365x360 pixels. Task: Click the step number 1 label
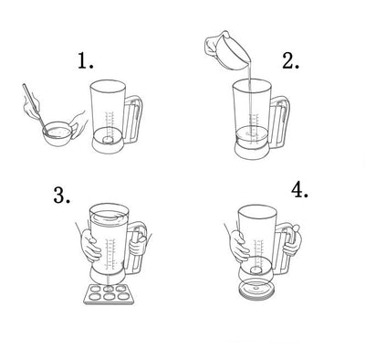[x=86, y=60]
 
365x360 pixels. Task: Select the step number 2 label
[x=291, y=60]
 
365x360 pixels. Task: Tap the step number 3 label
[x=62, y=195]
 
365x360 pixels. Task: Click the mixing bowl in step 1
[x=57, y=133]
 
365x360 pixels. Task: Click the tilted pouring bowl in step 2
[x=233, y=51]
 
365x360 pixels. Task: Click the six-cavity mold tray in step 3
[x=109, y=293]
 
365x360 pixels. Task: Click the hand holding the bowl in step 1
[x=78, y=124]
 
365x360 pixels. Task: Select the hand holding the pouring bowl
[x=211, y=45]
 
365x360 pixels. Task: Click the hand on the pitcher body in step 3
[x=90, y=246]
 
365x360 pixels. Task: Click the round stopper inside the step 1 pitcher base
[x=108, y=140]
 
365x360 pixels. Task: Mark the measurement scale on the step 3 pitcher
[x=111, y=253]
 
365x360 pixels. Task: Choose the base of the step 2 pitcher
[x=253, y=150]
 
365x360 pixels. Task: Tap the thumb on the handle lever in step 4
[x=296, y=228]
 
